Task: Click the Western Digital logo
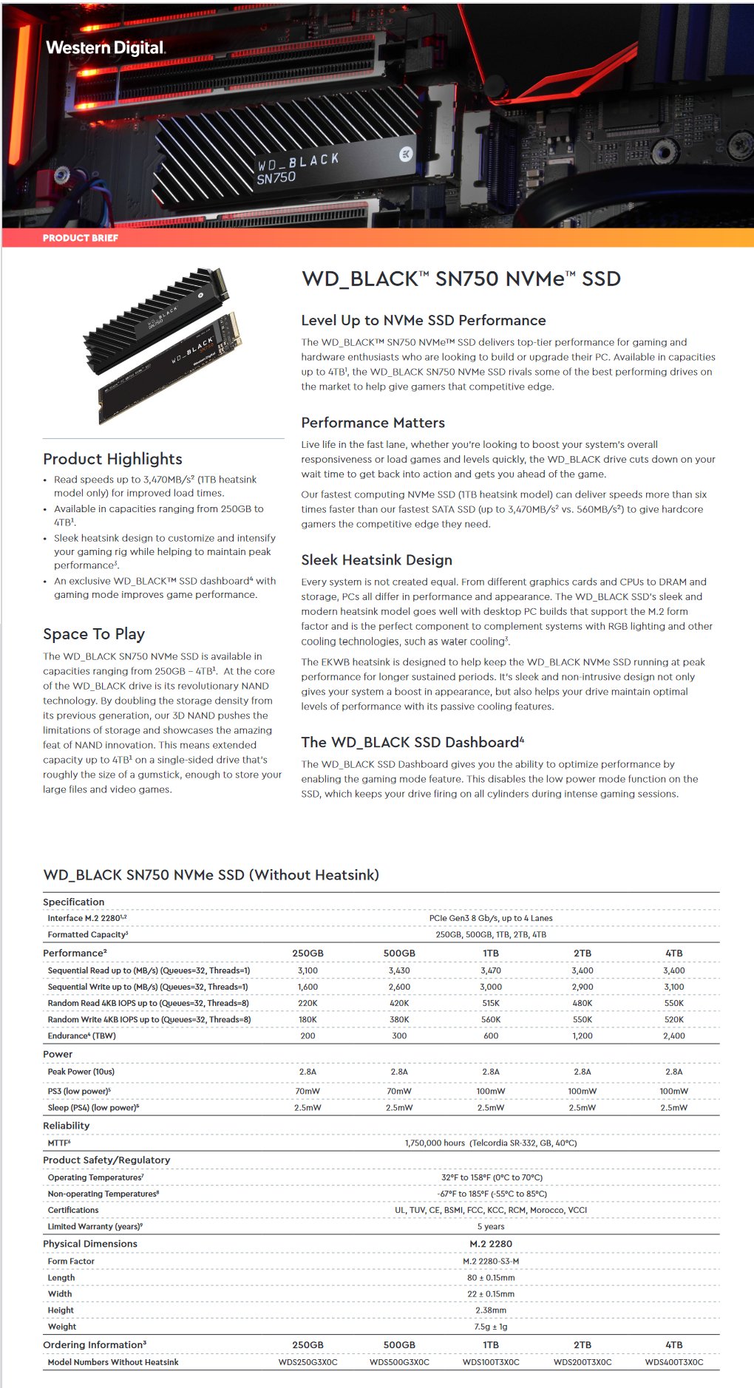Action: (105, 48)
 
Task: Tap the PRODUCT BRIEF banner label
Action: (80, 238)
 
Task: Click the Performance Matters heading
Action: (373, 423)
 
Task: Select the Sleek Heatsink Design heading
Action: (376, 560)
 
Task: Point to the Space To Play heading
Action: (94, 634)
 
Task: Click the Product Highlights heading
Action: (112, 459)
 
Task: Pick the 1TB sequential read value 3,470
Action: (491, 970)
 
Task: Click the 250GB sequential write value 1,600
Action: (308, 987)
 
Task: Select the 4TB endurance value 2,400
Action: (673, 1035)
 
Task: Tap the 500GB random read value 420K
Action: (399, 1003)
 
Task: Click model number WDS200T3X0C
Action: (583, 1362)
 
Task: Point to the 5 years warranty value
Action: (491, 1226)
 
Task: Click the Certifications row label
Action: (73, 1210)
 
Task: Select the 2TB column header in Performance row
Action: (583, 953)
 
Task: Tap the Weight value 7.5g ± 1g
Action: (491, 1327)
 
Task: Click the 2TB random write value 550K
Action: (583, 1019)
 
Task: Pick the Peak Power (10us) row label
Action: (81, 1072)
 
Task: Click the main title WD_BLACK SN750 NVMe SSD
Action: (461, 279)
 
